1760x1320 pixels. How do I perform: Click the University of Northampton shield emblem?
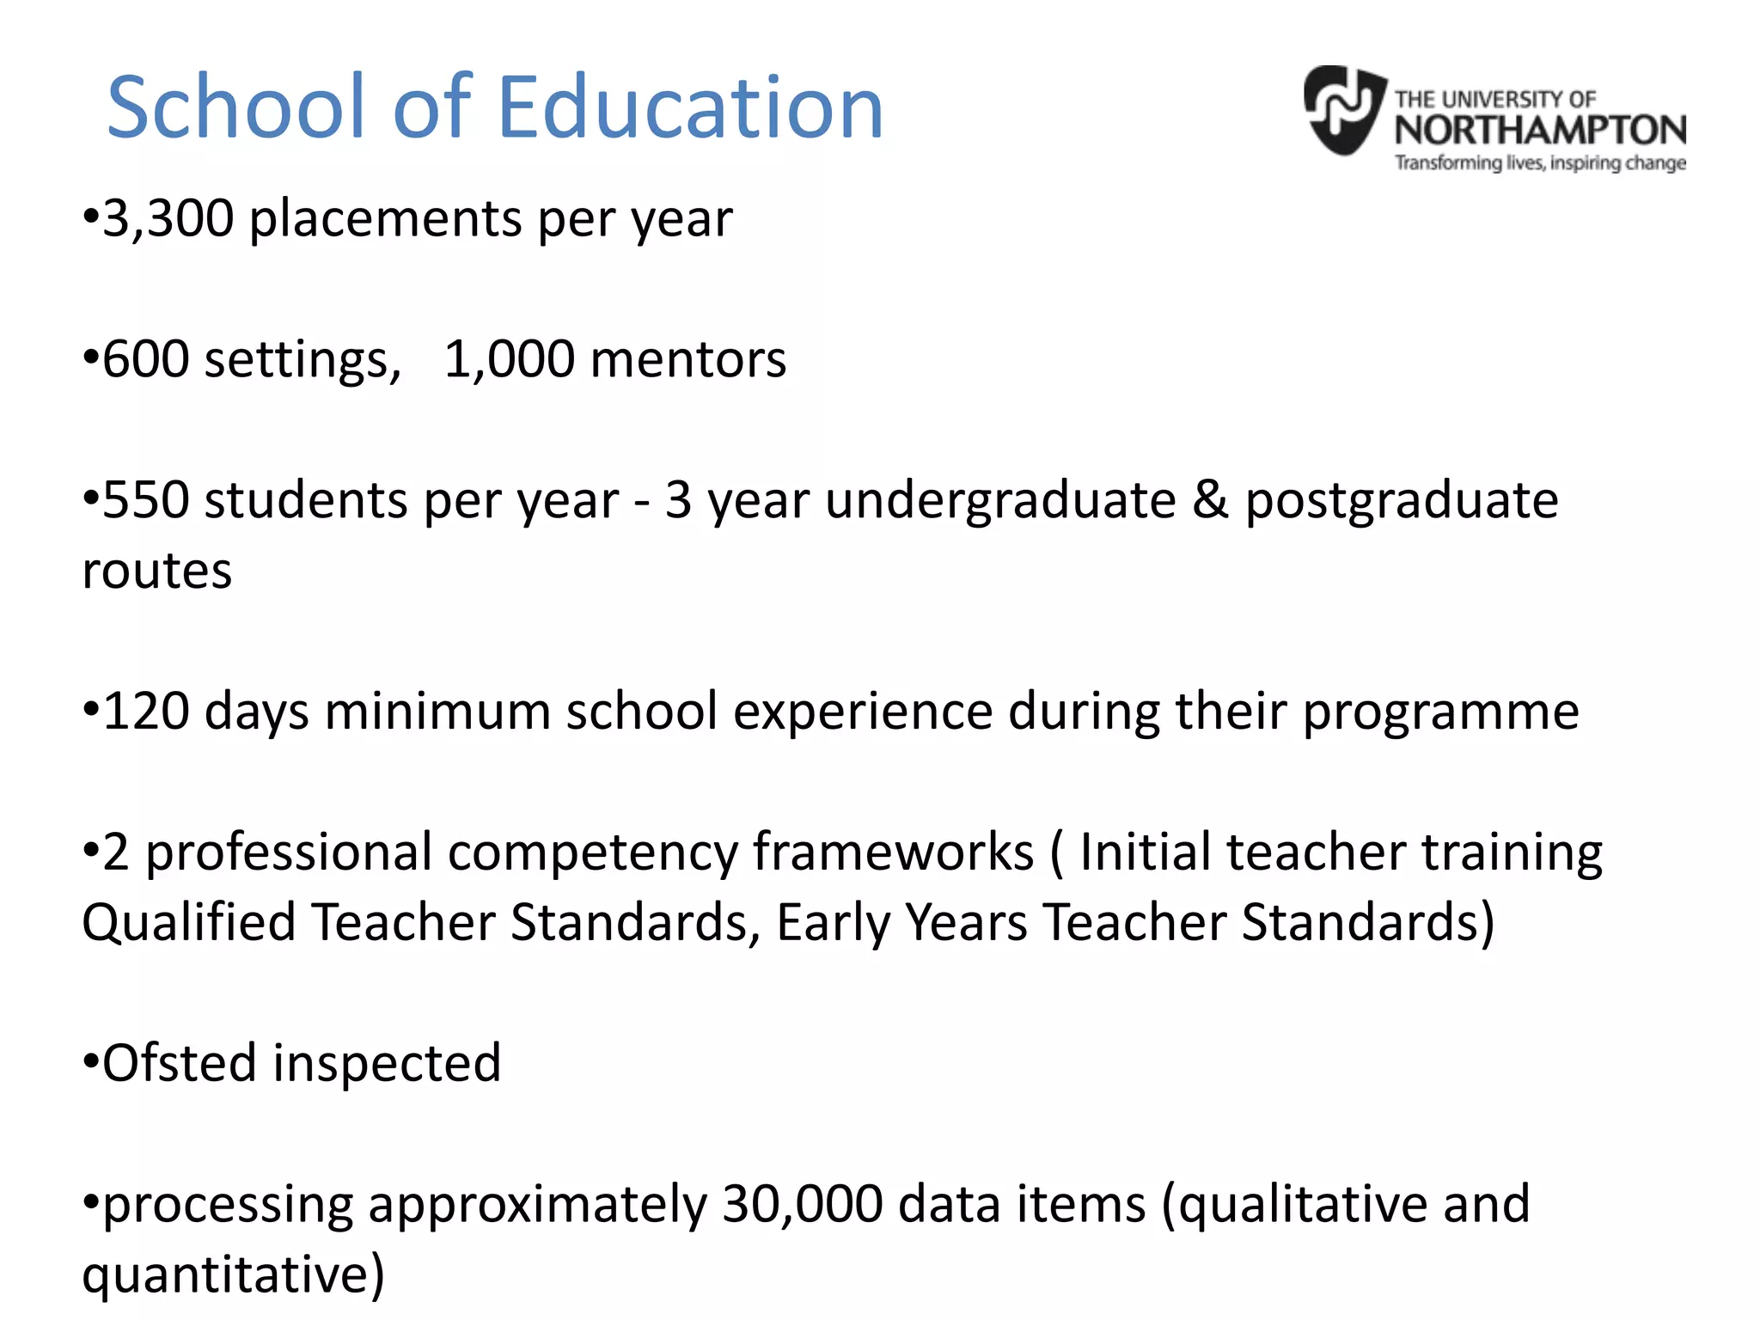1343,110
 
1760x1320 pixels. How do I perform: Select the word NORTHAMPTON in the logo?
1540,131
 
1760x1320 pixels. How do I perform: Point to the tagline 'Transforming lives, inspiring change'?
1540,162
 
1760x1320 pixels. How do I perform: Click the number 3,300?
168,218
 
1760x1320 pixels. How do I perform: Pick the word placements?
385,220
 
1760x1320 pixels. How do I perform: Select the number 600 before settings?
145,359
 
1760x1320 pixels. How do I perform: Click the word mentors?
688,359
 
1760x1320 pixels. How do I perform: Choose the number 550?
145,500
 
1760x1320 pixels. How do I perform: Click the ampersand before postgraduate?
1210,500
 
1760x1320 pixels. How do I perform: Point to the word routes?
157,571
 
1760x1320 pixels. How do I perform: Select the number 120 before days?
145,712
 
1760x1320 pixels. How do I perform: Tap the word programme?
1440,713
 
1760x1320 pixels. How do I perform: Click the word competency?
593,853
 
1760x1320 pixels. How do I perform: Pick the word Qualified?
188,924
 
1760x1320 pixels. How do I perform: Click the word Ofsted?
180,1063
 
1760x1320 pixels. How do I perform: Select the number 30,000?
802,1204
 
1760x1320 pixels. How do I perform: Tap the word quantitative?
233,1275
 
